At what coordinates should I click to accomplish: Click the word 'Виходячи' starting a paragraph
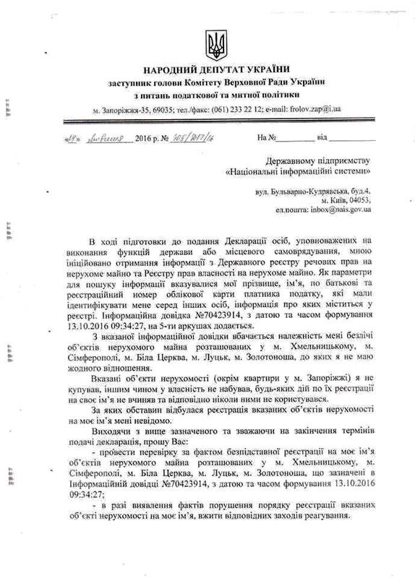coord(110,437)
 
